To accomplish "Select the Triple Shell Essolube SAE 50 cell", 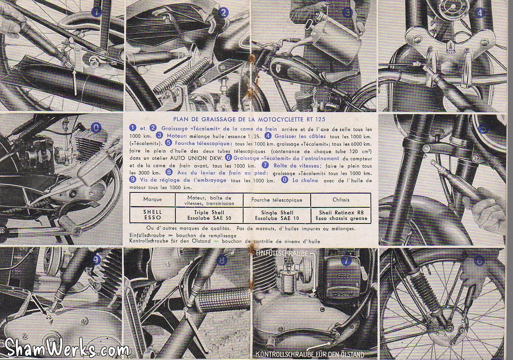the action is point(209,215).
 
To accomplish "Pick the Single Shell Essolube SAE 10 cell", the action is point(277,215).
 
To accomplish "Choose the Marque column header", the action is point(153,199).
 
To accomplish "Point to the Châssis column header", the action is point(341,200).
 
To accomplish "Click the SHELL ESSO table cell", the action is point(153,215).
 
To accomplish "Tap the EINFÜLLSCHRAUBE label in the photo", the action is point(282,254).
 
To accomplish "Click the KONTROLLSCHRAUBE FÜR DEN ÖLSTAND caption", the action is point(309,354).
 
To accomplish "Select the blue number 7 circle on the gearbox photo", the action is point(346,261).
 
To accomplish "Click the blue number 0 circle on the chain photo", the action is point(96,127).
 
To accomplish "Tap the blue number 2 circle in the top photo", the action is point(223,12).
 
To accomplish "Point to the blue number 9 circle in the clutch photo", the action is point(96,260).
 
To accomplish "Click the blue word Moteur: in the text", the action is point(177,136).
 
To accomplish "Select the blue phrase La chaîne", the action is point(305,180).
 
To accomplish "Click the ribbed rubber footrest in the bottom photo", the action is point(223,300).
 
